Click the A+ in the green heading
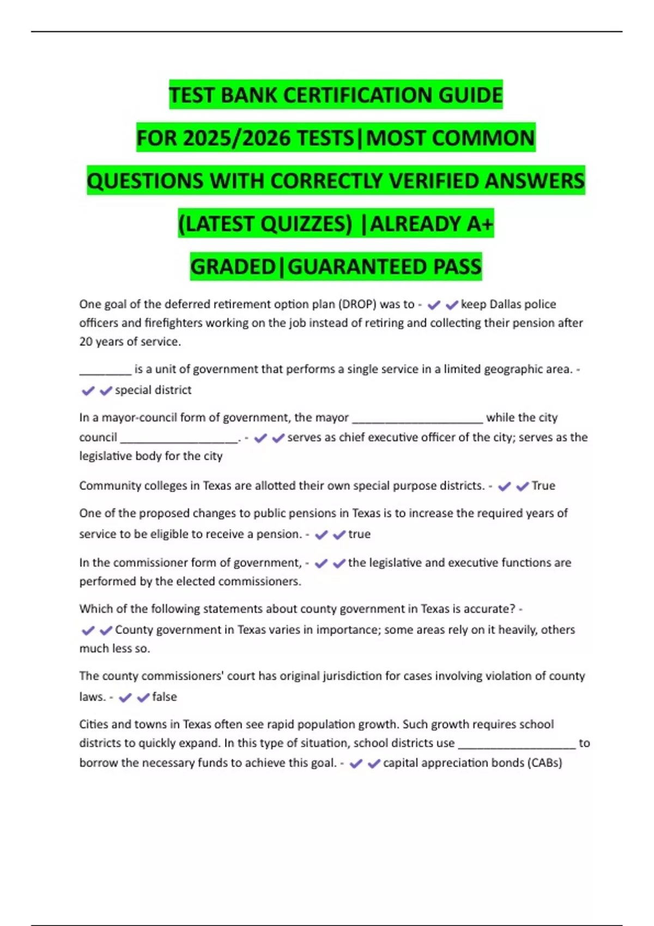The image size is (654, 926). point(480,224)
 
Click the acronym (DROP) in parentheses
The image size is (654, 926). point(358,304)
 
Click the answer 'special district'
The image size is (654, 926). point(153,390)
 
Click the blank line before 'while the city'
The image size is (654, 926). point(417,419)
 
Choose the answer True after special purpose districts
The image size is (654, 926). point(543,486)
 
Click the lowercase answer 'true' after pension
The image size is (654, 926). point(359,534)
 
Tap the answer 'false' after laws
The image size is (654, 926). point(165,697)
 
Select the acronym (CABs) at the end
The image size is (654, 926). point(544,763)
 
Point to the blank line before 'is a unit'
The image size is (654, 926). point(105,371)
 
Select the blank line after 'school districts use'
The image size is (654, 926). point(517,745)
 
